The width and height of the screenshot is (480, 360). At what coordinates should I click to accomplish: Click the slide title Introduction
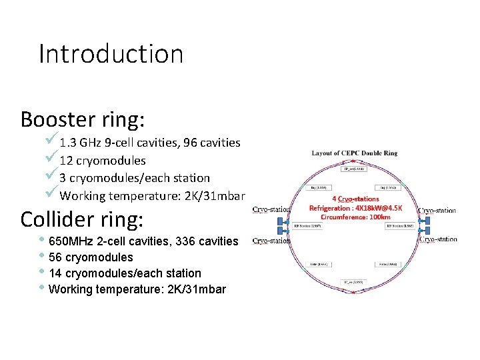click(x=111, y=54)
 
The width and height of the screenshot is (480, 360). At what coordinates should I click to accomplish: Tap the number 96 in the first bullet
click(x=195, y=143)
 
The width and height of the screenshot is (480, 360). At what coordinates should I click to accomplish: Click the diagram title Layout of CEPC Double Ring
click(x=354, y=153)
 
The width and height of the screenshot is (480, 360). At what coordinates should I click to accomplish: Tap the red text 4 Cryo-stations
click(x=355, y=198)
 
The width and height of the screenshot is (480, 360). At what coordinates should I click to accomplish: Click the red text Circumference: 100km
click(x=355, y=217)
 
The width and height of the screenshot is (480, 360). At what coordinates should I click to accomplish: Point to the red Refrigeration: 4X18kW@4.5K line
click(x=355, y=207)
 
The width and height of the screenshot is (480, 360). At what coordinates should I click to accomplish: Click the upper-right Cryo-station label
click(x=437, y=210)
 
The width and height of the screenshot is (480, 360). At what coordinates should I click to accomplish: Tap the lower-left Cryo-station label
click(x=271, y=241)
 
